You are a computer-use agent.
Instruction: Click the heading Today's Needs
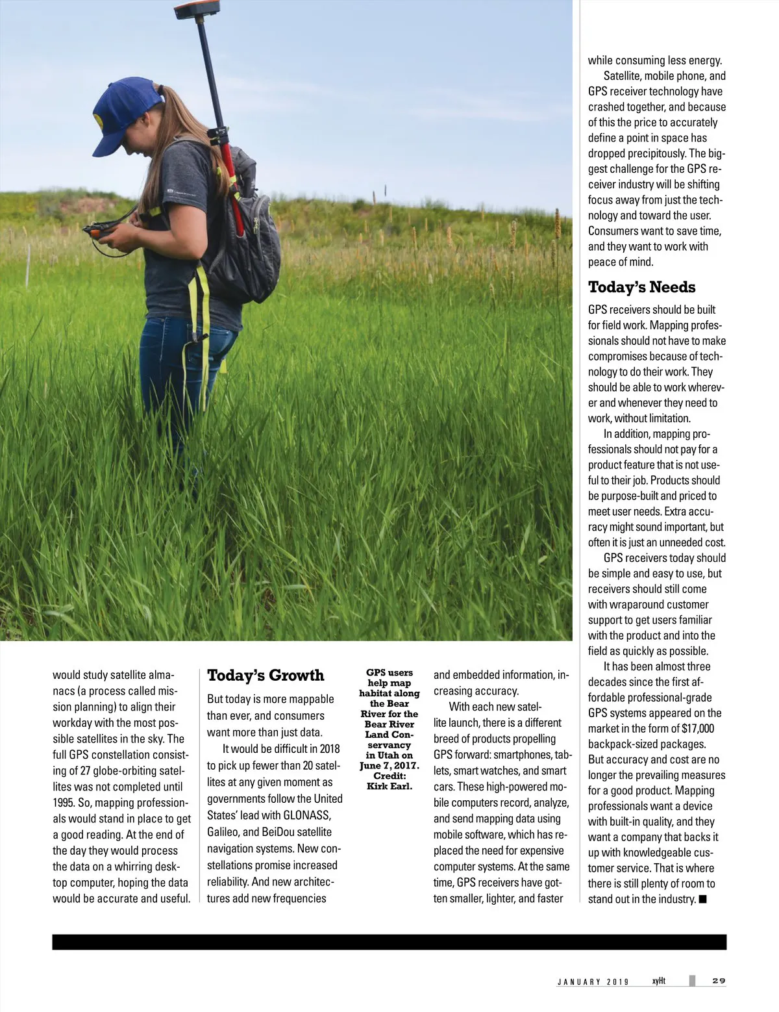pos(641,287)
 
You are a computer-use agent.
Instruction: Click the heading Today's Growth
pos(265,676)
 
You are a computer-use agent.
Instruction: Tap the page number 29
pos(719,981)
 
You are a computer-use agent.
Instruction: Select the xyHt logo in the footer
pos(658,980)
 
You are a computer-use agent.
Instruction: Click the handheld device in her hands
pos(103,231)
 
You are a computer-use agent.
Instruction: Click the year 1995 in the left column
pos(63,803)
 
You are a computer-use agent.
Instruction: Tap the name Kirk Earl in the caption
pos(389,787)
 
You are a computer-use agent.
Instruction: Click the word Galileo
pos(223,832)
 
